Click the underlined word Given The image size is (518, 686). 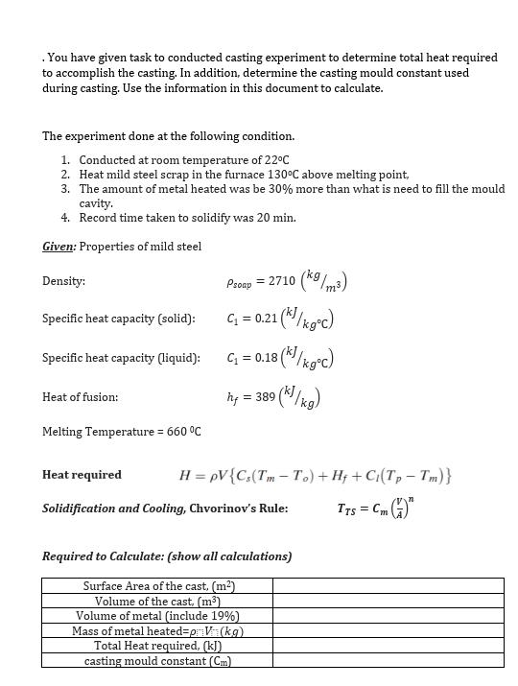pyautogui.click(x=59, y=247)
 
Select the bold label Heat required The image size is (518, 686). pyautogui.click(x=82, y=475)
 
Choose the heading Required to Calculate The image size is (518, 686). pyautogui.click(x=167, y=556)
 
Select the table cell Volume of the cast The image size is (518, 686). pyautogui.click(x=158, y=602)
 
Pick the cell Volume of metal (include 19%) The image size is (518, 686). pyautogui.click(x=158, y=616)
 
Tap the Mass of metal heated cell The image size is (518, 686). pyautogui.click(x=158, y=631)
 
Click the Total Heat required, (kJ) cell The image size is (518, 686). pyautogui.click(x=158, y=646)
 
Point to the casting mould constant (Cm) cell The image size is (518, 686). pyautogui.click(x=158, y=660)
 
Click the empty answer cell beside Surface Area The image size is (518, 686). pyautogui.click(x=388, y=586)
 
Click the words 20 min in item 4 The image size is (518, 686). pyautogui.click(x=277, y=218)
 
